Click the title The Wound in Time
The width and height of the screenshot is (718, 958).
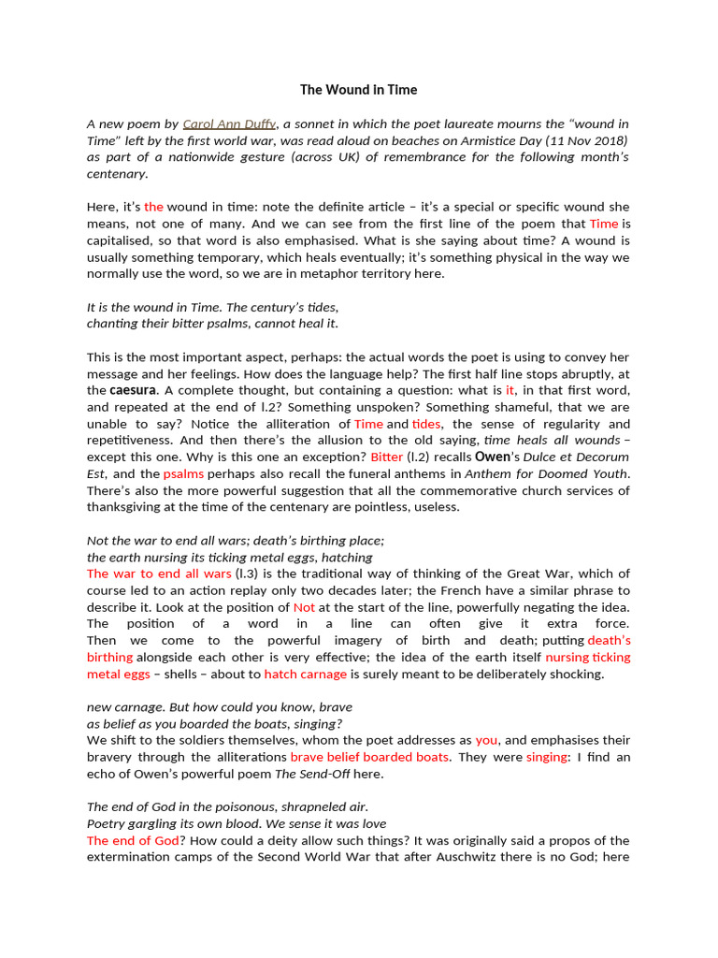click(358, 90)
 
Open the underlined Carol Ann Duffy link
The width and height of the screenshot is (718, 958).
click(229, 123)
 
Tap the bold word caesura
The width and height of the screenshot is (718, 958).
click(133, 390)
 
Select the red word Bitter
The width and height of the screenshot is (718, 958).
click(386, 457)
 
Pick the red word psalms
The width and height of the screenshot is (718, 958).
click(183, 474)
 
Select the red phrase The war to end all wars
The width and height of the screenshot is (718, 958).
click(159, 573)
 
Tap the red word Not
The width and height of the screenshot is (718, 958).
click(304, 607)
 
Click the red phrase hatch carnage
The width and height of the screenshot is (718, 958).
click(306, 675)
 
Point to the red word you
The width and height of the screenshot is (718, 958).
click(486, 740)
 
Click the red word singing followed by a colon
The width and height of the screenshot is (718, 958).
click(546, 757)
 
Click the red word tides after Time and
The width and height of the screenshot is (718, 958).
click(426, 424)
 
